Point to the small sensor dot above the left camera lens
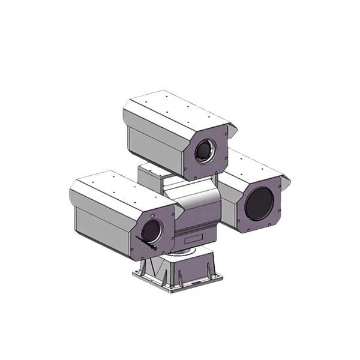(x=154, y=214)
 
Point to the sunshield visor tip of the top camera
(x=233, y=128)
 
